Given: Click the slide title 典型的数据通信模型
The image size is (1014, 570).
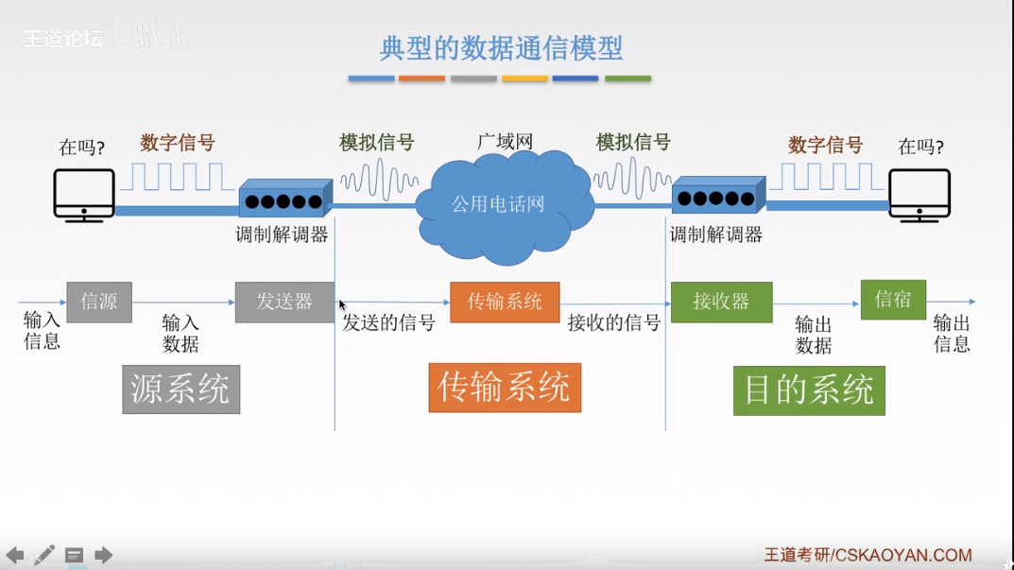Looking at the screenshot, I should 501,47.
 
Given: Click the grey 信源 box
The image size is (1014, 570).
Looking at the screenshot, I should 99,302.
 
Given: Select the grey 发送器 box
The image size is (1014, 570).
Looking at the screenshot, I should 284,302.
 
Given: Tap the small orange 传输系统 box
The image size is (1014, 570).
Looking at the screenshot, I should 505,302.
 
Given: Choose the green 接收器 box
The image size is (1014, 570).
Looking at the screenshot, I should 721,302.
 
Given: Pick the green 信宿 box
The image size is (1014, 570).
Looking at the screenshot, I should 893,300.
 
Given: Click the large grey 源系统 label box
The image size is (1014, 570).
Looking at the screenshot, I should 180,389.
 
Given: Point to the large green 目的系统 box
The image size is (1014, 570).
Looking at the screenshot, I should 809,390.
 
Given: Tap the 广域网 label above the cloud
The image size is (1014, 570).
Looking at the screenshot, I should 505,143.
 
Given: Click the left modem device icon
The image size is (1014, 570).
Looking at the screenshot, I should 284,200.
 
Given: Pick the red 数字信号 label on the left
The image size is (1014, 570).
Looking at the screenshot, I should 178,144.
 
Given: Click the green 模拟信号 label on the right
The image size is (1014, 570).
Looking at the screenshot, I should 633,143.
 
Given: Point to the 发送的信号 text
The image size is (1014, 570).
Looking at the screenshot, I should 388,323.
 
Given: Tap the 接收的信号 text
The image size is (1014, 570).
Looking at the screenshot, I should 613,323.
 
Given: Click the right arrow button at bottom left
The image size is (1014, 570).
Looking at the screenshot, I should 104,555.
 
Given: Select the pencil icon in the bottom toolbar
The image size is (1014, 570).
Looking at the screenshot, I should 44,555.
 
